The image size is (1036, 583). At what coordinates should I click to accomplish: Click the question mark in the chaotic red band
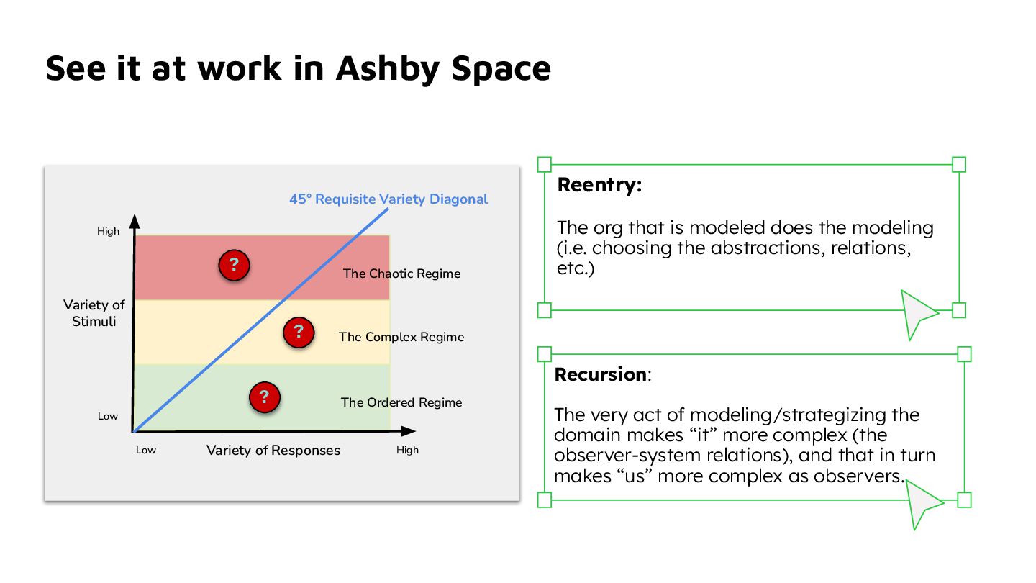tap(234, 266)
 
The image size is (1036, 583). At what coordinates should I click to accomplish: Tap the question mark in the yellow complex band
tap(299, 332)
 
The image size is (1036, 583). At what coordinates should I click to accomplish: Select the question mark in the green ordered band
tap(264, 397)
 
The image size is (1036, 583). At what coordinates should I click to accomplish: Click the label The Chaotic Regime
tap(401, 274)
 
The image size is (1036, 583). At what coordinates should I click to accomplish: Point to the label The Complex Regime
tap(401, 337)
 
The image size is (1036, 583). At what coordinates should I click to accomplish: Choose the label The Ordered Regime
tap(401, 402)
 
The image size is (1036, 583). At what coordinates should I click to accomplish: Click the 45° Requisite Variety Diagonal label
tap(388, 199)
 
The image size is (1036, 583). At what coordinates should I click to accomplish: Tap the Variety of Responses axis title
tap(273, 451)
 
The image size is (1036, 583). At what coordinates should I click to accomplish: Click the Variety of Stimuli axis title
tap(94, 313)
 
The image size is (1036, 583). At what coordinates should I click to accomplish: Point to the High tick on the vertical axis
tap(109, 232)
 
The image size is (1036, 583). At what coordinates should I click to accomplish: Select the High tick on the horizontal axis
tap(407, 451)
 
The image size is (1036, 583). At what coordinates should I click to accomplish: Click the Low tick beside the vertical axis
tap(108, 417)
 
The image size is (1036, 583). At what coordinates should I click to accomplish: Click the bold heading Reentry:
tap(599, 185)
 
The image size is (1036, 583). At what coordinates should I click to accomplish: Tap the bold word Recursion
tap(600, 375)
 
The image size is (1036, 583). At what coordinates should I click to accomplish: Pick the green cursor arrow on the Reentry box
tap(917, 312)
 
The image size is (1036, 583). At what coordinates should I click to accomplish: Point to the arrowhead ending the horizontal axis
tap(409, 431)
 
